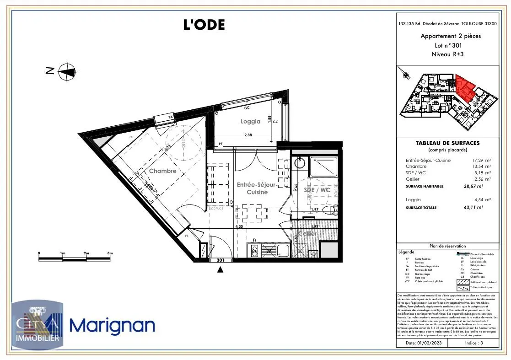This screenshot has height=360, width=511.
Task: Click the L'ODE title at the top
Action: [204, 25]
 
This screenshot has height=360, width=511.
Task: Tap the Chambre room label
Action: [162, 171]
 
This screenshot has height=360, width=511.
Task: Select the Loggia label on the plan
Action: [250, 122]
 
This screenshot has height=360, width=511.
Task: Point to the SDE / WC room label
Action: [317, 189]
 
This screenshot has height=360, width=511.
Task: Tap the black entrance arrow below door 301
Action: [221, 269]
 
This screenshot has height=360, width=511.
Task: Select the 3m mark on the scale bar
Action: [110, 253]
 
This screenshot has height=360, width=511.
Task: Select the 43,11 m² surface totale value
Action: [474, 208]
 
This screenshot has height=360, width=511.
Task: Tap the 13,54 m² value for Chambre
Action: [480, 167]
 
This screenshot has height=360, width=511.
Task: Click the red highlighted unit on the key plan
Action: [466, 88]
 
